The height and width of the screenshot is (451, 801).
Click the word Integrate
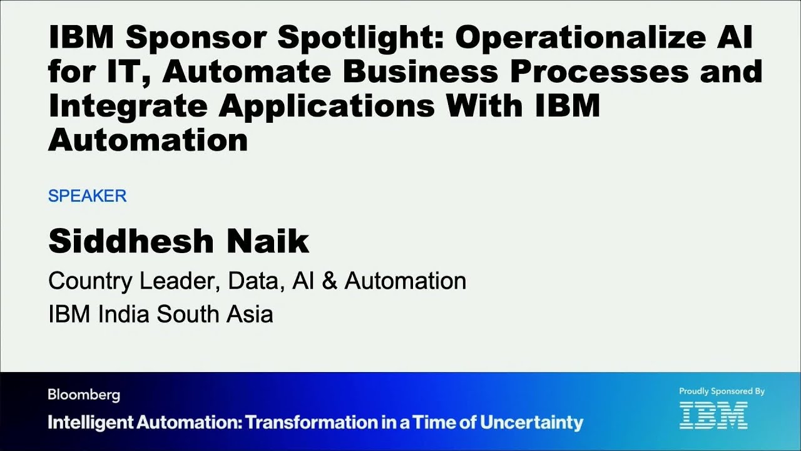[x=127, y=106]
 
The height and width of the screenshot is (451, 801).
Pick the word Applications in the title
[x=326, y=106]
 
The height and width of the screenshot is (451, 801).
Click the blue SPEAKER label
[x=87, y=196]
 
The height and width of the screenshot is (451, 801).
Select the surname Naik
[x=273, y=241]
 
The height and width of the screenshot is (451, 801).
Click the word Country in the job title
[x=91, y=281]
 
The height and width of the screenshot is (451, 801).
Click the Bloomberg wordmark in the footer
[x=84, y=395]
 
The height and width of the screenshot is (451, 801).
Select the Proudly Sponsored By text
[x=722, y=391]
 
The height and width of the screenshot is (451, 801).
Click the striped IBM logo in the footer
[x=713, y=415]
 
